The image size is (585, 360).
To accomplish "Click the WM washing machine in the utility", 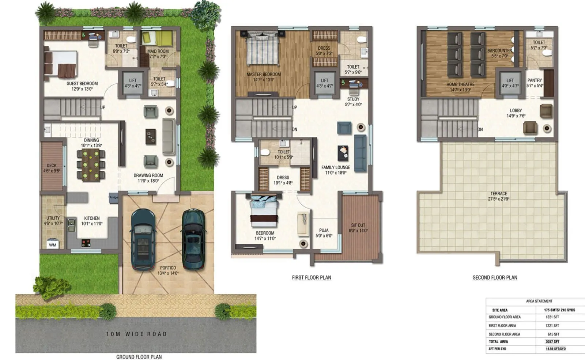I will pos(53,245).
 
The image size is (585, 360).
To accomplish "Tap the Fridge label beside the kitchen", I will pos(114,198).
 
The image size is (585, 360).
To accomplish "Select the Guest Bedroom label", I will pos(82,84).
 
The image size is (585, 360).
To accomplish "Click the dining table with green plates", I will pos(91,165).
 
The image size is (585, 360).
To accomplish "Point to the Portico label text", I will pos(168,268).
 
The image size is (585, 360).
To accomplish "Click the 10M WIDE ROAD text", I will pos(136,334).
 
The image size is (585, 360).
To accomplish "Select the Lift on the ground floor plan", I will pos(133,83).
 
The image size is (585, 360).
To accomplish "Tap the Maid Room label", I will pos(158,52).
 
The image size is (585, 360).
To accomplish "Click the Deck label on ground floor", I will pos(52,166).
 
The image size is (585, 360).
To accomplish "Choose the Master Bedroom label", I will pos(264,75).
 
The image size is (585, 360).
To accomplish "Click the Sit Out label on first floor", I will pos(358,226).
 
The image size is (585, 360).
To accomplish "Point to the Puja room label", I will pos(324,231).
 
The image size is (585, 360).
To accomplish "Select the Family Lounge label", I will pos(335,167).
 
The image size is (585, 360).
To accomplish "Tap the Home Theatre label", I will pos(460,84).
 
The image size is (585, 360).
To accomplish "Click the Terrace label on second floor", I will pos(499,194).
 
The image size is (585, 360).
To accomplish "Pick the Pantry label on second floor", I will pos(535,80).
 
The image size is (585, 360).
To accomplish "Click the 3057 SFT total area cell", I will pos(552,342).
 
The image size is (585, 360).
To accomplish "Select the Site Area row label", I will pos(500,310).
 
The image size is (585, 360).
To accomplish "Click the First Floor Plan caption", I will pos(312,278).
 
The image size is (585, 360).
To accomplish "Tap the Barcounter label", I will pos(499,51).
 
